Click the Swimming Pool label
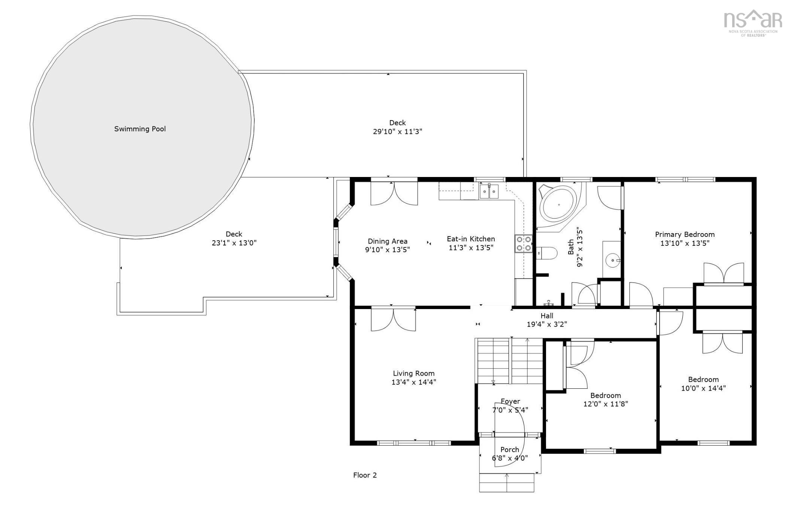[140, 129]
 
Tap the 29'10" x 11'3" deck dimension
[397, 132]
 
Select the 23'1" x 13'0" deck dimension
[234, 243]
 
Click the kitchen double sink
[489, 192]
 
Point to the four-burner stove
[524, 243]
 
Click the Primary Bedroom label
[685, 235]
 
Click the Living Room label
[413, 373]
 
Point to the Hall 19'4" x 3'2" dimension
[547, 324]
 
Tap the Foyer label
[510, 401]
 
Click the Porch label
[510, 450]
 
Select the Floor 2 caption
[365, 475]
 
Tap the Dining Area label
[387, 241]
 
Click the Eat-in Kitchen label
[471, 239]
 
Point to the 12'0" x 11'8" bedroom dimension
[606, 404]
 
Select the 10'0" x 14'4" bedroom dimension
[703, 388]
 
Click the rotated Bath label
[571, 247]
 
